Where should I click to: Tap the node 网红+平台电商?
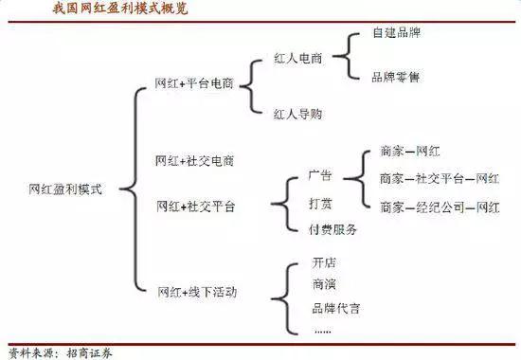point(194,83)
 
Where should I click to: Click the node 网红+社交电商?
point(194,161)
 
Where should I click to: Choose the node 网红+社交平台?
point(194,206)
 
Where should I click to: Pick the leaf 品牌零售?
point(394,77)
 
